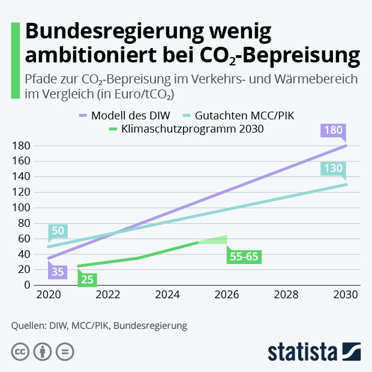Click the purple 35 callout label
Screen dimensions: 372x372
tap(58, 272)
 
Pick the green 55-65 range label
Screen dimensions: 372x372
tap(244, 257)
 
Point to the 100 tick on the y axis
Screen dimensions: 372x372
tap(22, 208)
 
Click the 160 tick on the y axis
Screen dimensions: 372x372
tap(22, 161)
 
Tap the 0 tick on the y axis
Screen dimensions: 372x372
tap(26, 285)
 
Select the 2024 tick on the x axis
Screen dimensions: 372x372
tap(167, 295)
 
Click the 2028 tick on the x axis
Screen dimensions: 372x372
tap(286, 295)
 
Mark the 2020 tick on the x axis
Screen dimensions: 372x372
tap(49, 295)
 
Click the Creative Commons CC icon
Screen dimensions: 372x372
tap(20, 352)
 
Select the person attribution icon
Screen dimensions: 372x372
tap(43, 352)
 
